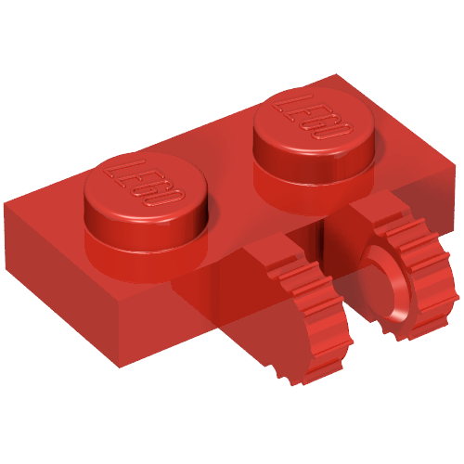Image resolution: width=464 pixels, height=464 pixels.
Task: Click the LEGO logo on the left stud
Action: pyautogui.click(x=146, y=183)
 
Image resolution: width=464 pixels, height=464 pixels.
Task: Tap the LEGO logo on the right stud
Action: pyautogui.click(x=313, y=118)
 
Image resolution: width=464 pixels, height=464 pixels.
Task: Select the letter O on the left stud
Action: pyautogui.click(x=172, y=197)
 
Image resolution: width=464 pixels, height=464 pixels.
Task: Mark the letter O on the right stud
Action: pyautogui.click(x=338, y=132)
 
